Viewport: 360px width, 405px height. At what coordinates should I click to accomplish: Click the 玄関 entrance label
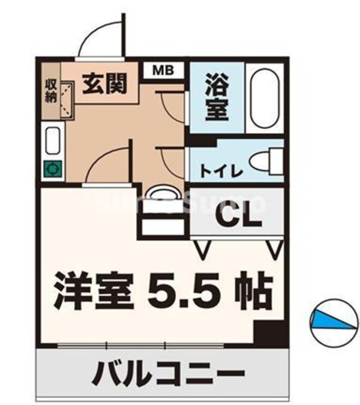point(109,84)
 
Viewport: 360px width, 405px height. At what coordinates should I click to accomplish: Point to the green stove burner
point(51,169)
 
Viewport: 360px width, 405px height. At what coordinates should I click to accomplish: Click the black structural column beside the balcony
point(267,332)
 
